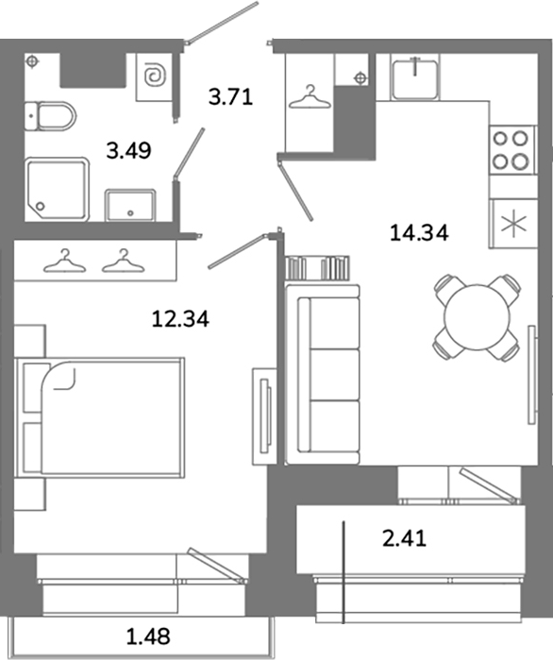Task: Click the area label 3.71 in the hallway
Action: pos(230,97)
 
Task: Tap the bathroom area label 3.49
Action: pos(128,151)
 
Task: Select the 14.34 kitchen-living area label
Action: pos(419,232)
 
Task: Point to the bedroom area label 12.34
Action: pos(180,318)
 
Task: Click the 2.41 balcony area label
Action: pos(404,538)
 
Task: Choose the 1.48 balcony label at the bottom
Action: pos(148,636)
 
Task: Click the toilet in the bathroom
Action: pos(50,116)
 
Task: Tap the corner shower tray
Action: pos(57,190)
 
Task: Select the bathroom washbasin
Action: pos(130,205)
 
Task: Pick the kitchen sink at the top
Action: pos(415,77)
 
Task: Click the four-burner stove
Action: pos(511,149)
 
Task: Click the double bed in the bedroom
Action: pos(99,417)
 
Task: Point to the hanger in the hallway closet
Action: pos(310,97)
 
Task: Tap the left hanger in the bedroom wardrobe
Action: pos(64,262)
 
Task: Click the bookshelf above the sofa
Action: pos(317,268)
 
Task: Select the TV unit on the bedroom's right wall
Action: pos(264,415)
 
